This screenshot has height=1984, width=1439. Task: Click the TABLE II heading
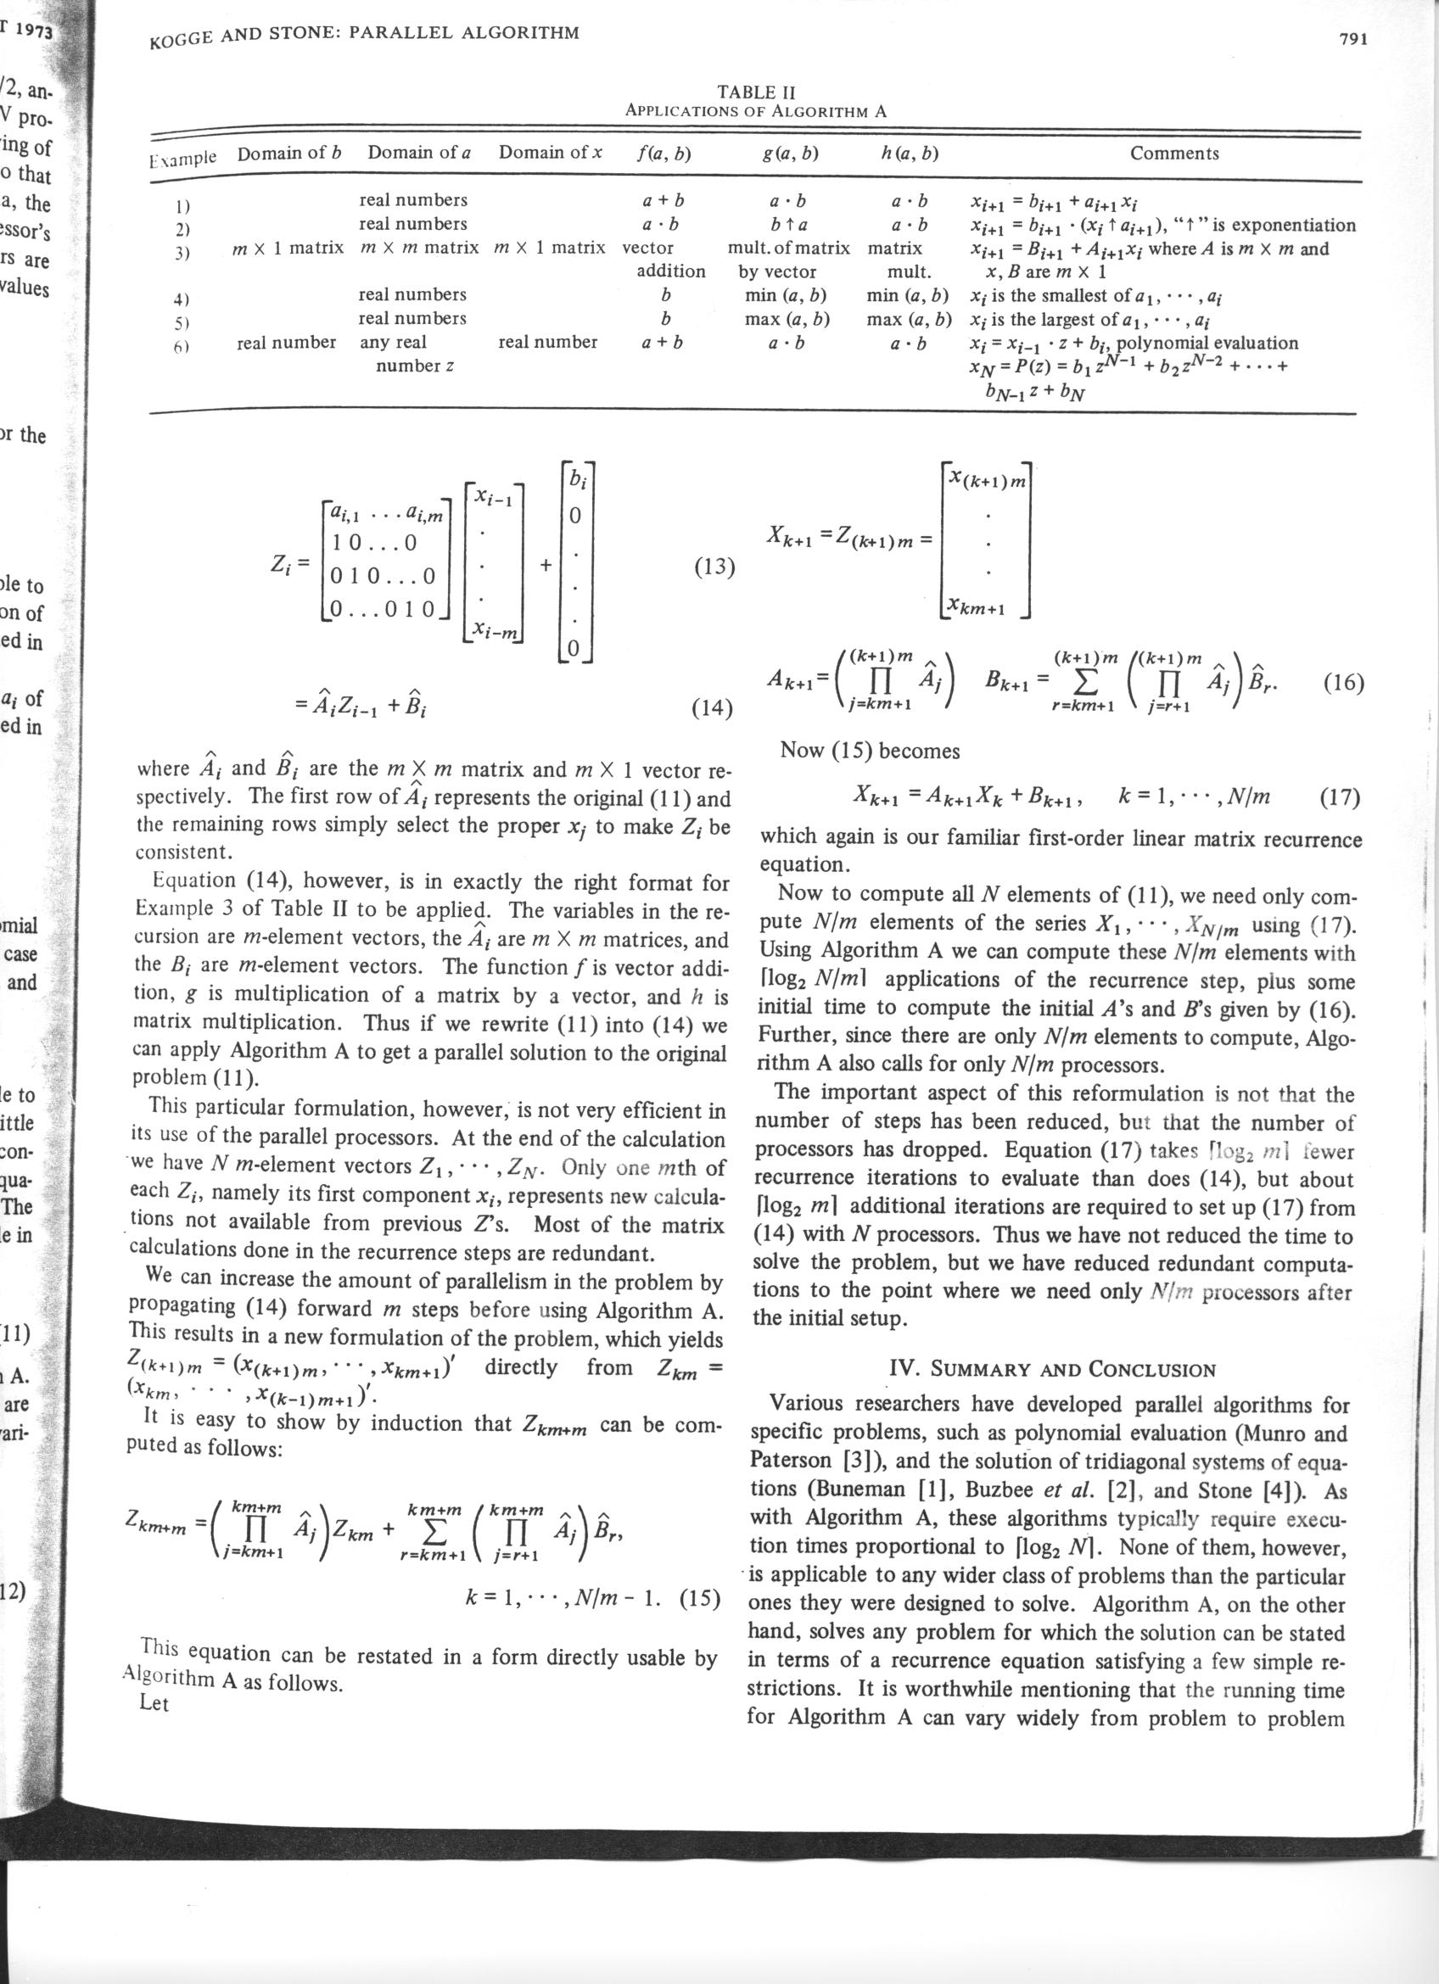coord(756,92)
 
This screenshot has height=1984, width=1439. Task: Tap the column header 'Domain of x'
coord(551,152)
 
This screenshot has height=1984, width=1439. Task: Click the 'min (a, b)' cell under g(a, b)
coord(786,295)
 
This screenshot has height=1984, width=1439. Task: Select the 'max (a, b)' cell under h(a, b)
coord(908,318)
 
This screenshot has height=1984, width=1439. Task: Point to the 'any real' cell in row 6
coord(393,342)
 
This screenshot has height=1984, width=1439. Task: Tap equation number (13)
coord(714,568)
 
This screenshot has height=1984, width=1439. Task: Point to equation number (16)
coord(1343,683)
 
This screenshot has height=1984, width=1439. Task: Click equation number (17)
coord(1338,797)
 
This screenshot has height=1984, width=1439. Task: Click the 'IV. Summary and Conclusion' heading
coord(1051,1369)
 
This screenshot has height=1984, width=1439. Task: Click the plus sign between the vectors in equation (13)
coord(546,565)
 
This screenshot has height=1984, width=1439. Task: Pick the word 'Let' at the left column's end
coord(154,1703)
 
